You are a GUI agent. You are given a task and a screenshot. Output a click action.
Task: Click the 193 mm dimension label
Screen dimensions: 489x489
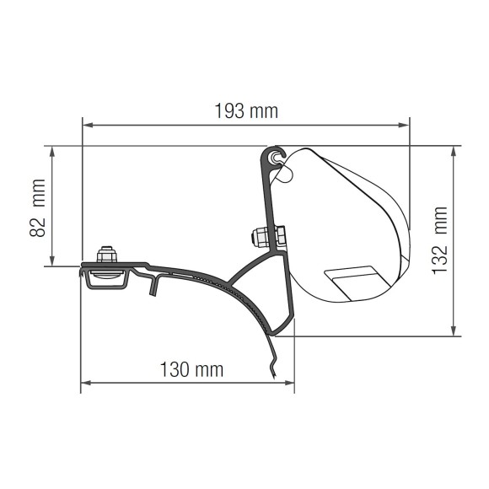click(245, 110)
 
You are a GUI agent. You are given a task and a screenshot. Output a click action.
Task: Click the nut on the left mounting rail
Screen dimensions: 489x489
click(107, 255)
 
